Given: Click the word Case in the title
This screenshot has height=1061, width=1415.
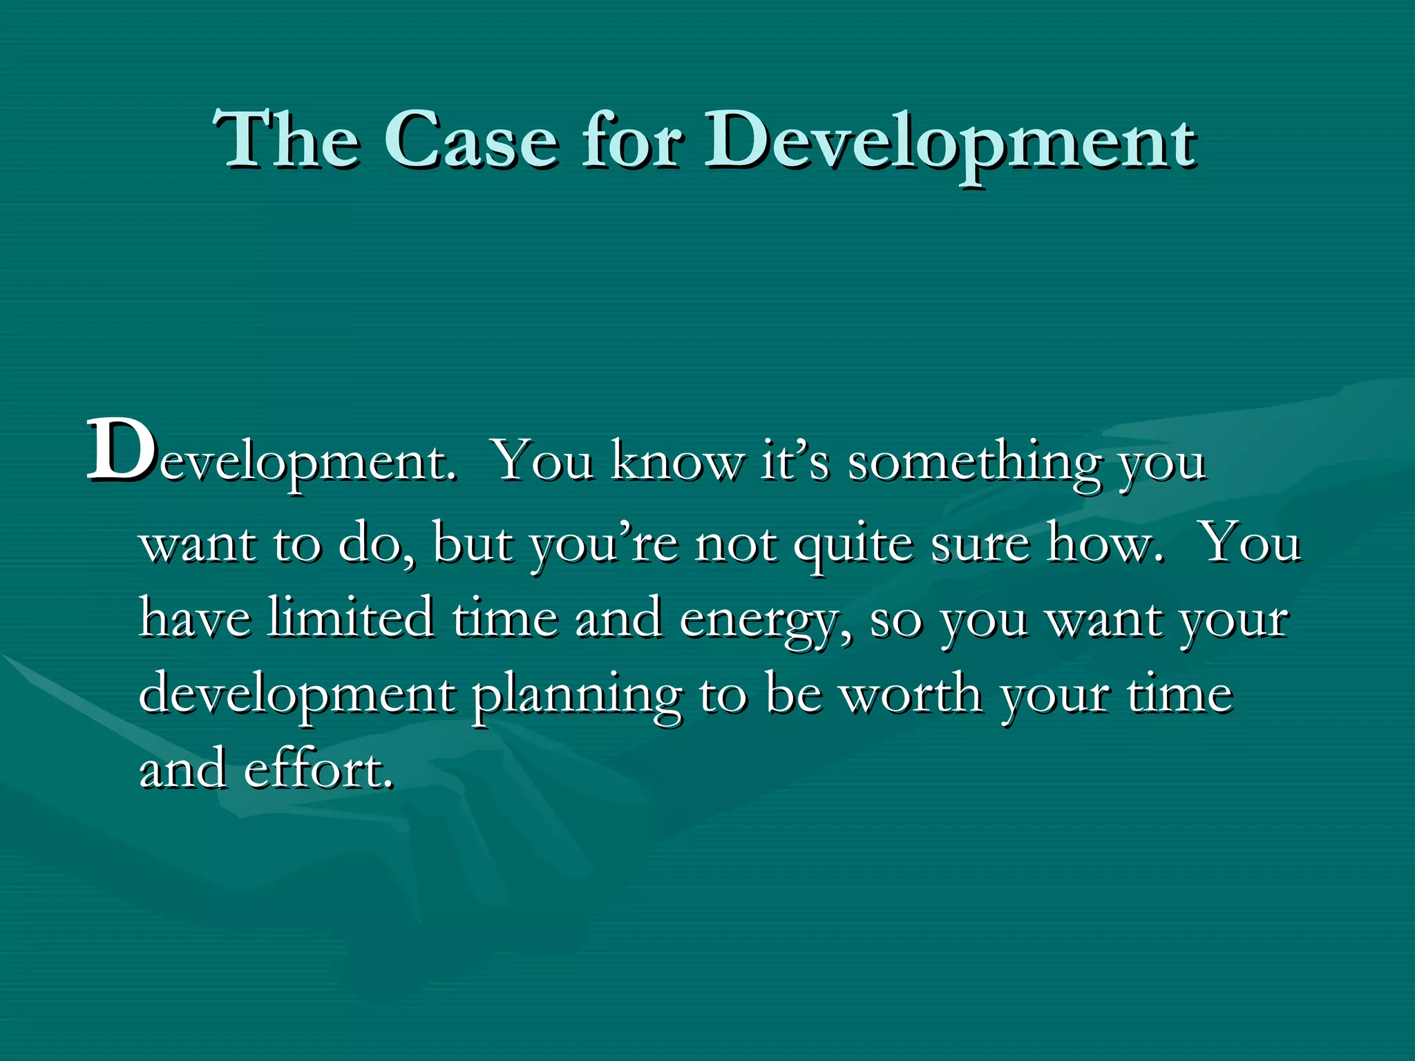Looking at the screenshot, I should click(470, 140).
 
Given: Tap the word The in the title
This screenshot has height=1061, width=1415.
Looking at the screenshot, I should click(286, 140).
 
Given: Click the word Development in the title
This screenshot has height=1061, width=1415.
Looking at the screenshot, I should click(949, 145).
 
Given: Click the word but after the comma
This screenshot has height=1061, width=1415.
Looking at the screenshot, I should click(473, 543).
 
